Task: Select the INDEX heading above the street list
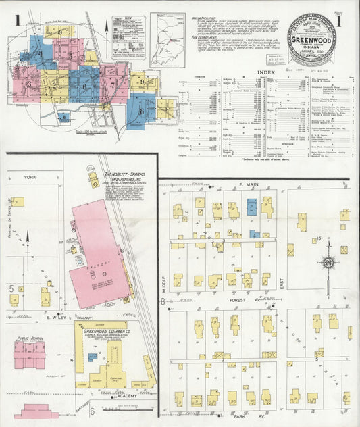point(266,72)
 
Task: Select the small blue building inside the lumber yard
point(93,357)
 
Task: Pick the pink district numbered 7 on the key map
point(112,86)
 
